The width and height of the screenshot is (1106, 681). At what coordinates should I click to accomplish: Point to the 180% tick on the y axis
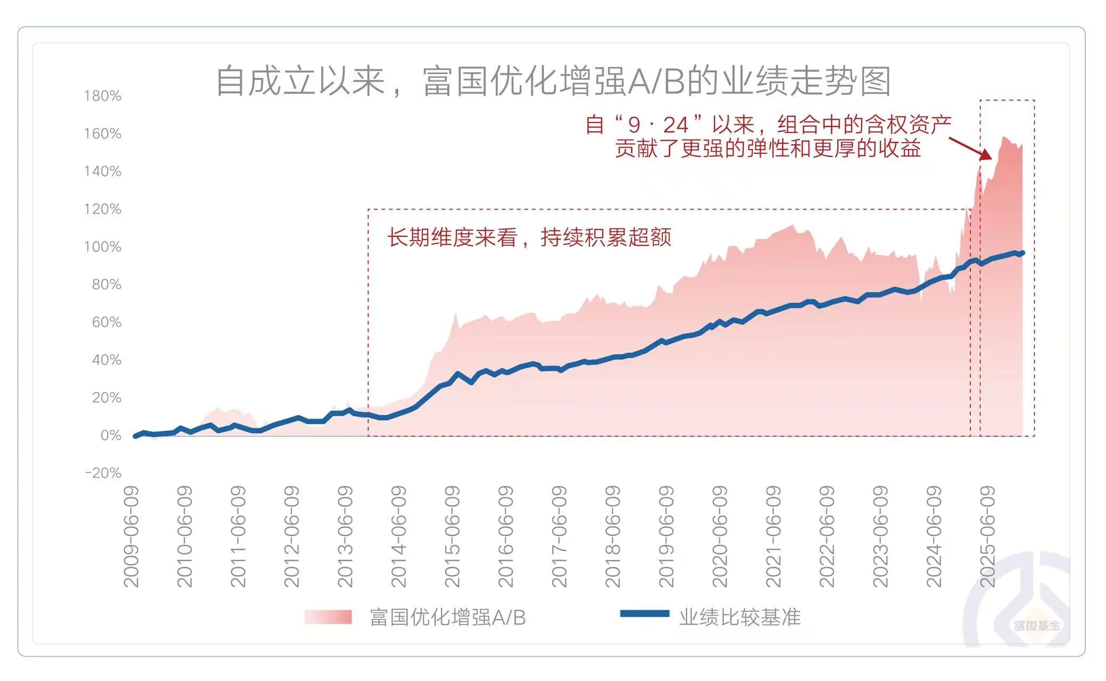(103, 96)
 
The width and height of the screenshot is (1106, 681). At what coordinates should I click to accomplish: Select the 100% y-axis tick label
(103, 247)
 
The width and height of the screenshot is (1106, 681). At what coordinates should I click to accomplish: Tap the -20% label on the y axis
(103, 473)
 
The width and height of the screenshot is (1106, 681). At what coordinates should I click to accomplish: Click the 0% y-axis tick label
(111, 435)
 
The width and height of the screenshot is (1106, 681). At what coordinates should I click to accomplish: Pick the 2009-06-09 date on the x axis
(131, 536)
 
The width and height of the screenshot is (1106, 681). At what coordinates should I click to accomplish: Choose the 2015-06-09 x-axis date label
(452, 536)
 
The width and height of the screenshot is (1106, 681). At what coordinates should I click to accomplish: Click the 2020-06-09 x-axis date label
(719, 536)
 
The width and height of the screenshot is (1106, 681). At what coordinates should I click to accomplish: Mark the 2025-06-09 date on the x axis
(987, 536)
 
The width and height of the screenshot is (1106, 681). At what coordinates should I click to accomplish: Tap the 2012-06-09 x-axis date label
(292, 536)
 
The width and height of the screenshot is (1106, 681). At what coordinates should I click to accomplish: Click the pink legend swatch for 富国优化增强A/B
(328, 617)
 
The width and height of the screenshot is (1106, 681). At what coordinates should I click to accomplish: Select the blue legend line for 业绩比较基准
(644, 614)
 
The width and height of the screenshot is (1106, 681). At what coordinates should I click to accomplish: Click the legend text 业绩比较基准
(740, 617)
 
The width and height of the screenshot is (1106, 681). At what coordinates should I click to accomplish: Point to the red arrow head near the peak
(987, 156)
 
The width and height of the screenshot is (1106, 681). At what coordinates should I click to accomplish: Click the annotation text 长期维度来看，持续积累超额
(529, 237)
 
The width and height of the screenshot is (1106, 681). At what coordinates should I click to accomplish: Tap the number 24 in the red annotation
(676, 125)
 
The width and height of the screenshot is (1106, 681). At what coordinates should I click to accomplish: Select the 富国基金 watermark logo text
(1036, 626)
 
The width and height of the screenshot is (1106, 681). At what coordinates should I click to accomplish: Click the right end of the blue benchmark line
(1021, 253)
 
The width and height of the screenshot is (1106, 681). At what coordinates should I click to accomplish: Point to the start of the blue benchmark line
(135, 436)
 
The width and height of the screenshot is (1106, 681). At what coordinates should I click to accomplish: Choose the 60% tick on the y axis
(106, 322)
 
